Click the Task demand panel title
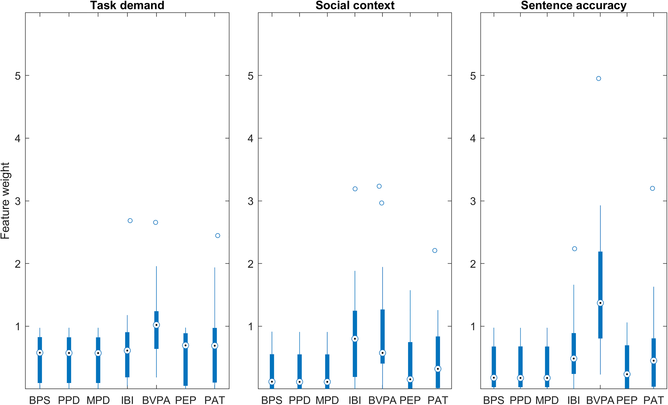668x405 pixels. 127,5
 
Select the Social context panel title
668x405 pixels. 355,5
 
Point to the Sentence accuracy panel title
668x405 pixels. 574,5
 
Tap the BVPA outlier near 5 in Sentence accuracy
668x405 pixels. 599,79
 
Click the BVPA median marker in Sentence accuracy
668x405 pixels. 600,303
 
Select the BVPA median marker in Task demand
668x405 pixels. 156,325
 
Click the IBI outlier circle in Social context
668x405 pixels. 355,189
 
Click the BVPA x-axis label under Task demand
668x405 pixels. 156,400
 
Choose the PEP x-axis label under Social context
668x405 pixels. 410,400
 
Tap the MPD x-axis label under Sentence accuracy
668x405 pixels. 547,400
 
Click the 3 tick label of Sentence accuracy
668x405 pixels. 473,201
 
